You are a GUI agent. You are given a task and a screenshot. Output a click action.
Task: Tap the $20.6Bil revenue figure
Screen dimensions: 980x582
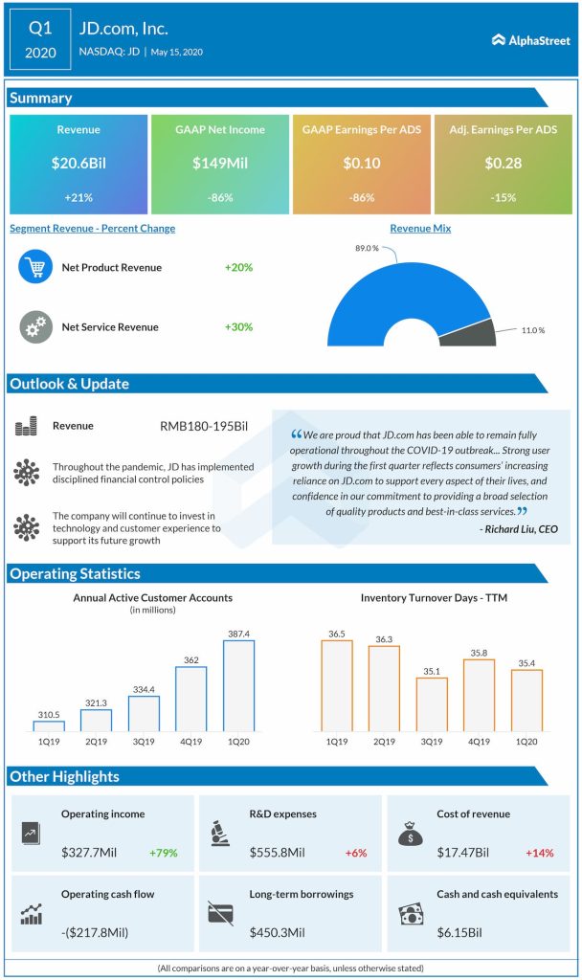(x=78, y=163)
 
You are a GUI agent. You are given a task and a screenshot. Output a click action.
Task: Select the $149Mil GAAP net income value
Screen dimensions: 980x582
(x=219, y=163)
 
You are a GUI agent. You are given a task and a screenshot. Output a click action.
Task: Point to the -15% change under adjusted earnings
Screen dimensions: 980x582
(x=503, y=197)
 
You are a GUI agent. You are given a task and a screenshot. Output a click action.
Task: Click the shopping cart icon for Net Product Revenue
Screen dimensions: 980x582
(x=35, y=267)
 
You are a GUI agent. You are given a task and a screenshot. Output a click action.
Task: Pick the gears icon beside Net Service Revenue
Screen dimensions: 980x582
(x=35, y=326)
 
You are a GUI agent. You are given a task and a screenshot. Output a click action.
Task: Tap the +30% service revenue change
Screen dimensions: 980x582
(x=238, y=326)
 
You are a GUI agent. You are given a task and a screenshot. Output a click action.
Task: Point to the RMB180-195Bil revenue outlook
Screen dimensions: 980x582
(x=204, y=425)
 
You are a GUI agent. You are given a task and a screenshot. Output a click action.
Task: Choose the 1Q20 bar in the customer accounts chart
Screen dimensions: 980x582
(x=238, y=685)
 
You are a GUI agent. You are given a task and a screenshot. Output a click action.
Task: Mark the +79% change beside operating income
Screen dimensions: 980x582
(x=164, y=852)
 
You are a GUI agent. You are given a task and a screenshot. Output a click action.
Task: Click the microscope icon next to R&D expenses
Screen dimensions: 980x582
(x=220, y=834)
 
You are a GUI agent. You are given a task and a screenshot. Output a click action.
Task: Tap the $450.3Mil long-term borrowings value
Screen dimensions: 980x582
(x=277, y=930)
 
